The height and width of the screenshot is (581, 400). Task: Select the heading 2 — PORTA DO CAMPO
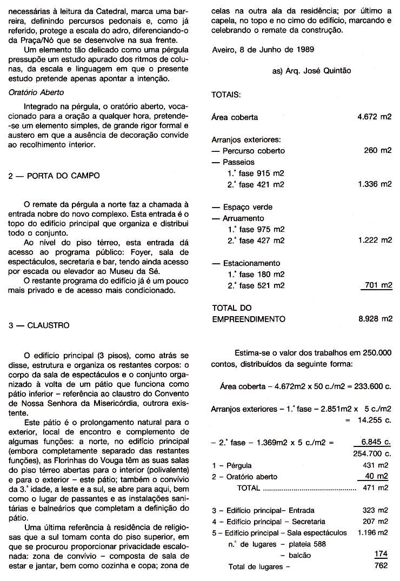54,176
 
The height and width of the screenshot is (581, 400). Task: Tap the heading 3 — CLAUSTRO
39,326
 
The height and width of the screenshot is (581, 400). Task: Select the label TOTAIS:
226,94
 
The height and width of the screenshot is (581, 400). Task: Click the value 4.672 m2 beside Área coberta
375,117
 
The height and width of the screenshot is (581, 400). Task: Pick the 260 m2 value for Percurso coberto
378,151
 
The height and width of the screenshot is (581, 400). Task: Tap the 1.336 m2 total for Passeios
375,184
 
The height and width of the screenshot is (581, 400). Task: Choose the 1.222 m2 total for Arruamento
375,241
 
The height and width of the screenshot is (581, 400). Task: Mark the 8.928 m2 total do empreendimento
375,319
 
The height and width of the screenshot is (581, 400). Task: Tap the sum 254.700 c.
371,453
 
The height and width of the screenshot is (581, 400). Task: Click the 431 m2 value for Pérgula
375,465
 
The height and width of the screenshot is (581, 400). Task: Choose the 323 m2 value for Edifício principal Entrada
375,510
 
